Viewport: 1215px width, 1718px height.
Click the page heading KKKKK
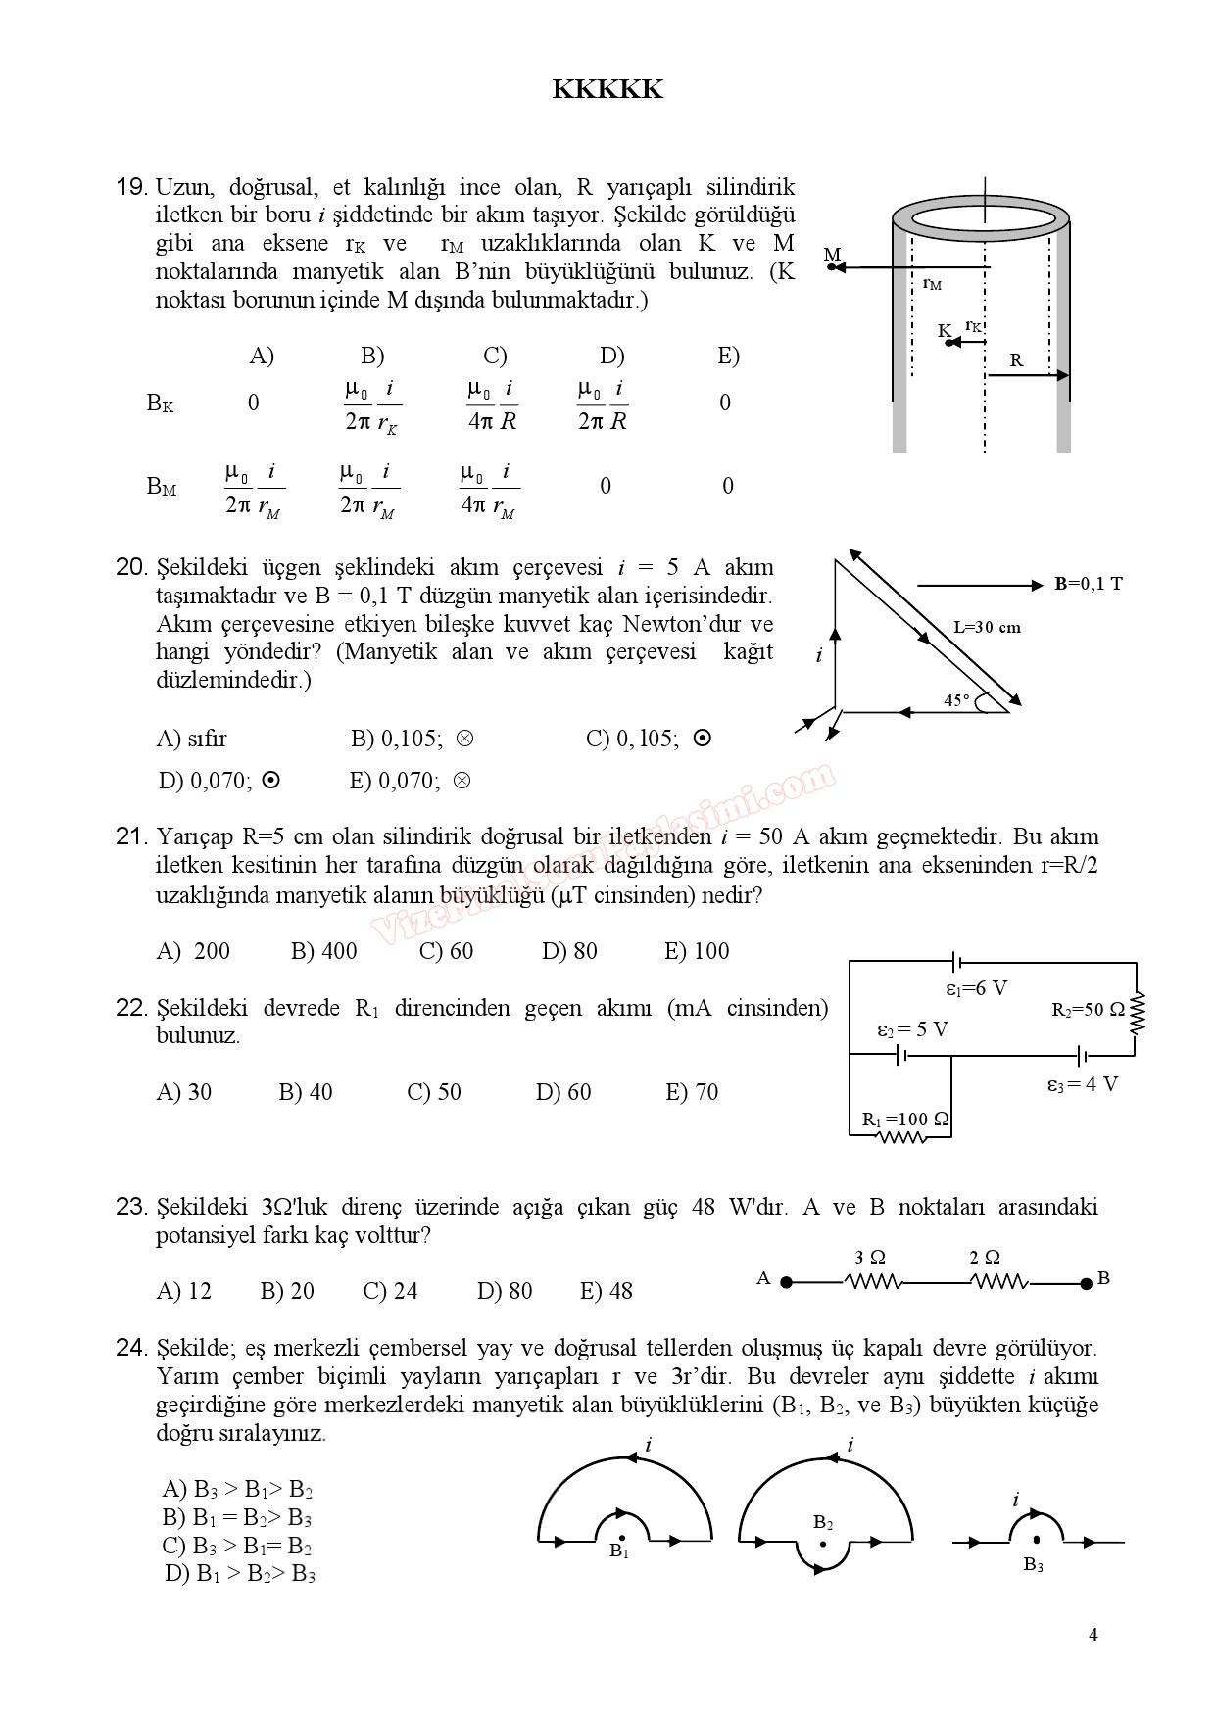(x=607, y=90)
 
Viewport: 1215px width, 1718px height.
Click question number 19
(x=131, y=187)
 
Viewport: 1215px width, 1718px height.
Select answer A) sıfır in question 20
(x=191, y=739)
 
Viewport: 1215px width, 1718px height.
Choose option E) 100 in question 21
(x=697, y=951)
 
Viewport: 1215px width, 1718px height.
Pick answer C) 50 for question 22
(x=434, y=1092)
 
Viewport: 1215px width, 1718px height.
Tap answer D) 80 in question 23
(x=505, y=1291)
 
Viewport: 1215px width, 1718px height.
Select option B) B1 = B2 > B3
(x=237, y=1518)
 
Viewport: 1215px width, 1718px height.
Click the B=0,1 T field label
(x=1088, y=584)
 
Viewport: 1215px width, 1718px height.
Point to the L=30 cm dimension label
(x=987, y=628)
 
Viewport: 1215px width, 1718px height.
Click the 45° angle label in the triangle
(x=956, y=700)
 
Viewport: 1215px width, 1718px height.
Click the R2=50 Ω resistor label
(x=1088, y=1010)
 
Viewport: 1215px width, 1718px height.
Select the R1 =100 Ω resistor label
(x=905, y=1119)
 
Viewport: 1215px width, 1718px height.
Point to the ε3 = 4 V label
(x=1082, y=1084)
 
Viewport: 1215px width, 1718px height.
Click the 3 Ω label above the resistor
(x=870, y=1258)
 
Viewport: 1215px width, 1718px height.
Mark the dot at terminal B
(x=1086, y=1283)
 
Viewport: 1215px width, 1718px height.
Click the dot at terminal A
(x=786, y=1282)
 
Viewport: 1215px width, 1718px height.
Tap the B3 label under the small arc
(x=1033, y=1565)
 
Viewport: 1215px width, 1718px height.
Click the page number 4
(x=1093, y=1634)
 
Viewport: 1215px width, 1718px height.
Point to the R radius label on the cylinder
(x=1016, y=360)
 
